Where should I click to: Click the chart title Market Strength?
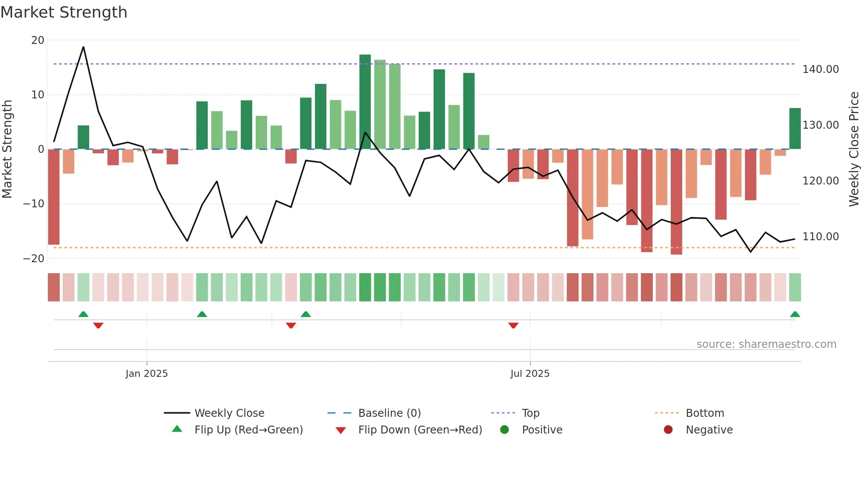click(x=64, y=12)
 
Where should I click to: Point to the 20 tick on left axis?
click(x=38, y=40)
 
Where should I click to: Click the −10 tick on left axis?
click(x=34, y=204)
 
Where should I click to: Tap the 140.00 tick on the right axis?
click(x=820, y=69)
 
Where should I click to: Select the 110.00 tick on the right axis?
click(x=820, y=237)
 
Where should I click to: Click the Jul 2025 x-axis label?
click(x=530, y=374)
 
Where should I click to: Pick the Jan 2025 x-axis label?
click(x=146, y=374)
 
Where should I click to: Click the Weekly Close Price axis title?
click(x=854, y=149)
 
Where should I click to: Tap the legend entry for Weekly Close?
click(x=229, y=413)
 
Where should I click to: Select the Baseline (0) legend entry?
click(x=389, y=413)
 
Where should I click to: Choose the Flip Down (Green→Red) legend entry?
click(x=420, y=430)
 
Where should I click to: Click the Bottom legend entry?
click(x=704, y=413)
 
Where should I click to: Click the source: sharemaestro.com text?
click(x=766, y=344)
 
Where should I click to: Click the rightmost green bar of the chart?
click(x=795, y=129)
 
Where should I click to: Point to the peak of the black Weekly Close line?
click(x=83, y=47)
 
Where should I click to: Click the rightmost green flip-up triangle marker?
click(x=795, y=314)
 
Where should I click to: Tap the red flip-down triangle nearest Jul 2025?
click(x=513, y=325)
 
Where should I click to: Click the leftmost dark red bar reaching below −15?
click(x=54, y=197)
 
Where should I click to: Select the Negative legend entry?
click(x=709, y=430)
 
